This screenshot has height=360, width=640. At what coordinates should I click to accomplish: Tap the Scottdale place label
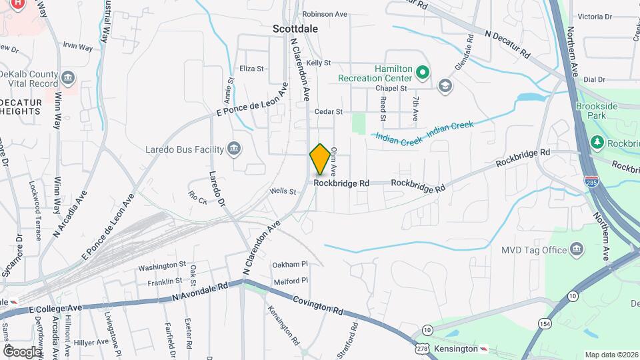pos(295,29)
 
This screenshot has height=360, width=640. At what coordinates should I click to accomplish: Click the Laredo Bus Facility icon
pos(234,149)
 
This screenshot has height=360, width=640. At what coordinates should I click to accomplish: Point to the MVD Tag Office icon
pos(577,250)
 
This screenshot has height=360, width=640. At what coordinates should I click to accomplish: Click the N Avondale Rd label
pos(200,291)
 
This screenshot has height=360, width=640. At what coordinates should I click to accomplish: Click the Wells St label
pos(283,191)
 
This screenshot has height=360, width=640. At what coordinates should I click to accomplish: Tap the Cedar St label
pos(329,112)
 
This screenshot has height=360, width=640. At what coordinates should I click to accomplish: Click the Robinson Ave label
pos(325,13)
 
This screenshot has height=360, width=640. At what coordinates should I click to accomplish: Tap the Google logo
pos(22,351)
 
